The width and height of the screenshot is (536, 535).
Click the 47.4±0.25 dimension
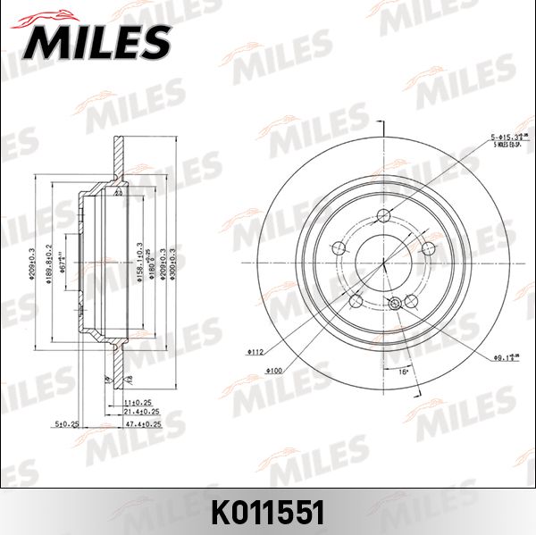(x=142, y=423)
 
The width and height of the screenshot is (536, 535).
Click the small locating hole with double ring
(x=396, y=305)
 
